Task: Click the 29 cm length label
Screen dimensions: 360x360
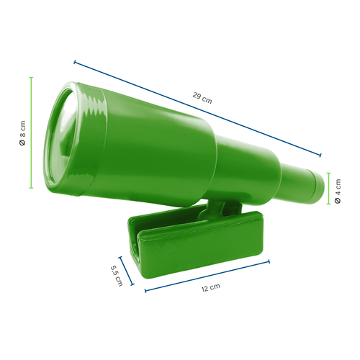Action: point(202,98)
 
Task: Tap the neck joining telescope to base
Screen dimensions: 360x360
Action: point(216,210)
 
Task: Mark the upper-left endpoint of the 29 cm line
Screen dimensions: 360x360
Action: point(73,62)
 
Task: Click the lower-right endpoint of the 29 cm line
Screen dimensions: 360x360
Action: point(320,155)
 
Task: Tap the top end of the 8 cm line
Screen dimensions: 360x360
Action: point(32,77)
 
